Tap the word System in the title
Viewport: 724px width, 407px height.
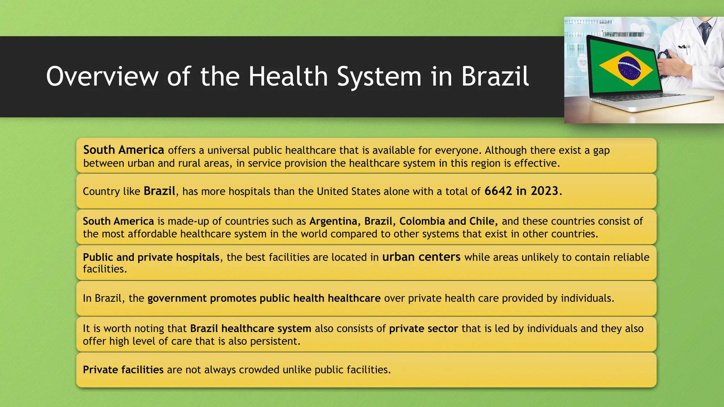pos(379,76)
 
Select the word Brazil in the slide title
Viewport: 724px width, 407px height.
pos(495,76)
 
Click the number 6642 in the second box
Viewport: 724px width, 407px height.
pos(498,191)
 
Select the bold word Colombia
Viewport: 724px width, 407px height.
pos(422,221)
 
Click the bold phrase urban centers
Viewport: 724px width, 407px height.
pos(421,257)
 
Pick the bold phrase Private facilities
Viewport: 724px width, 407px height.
pos(123,370)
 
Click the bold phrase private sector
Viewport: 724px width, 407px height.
pos(424,329)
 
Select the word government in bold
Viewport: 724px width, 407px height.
pos(177,299)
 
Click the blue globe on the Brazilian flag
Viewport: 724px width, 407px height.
pos(629,68)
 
